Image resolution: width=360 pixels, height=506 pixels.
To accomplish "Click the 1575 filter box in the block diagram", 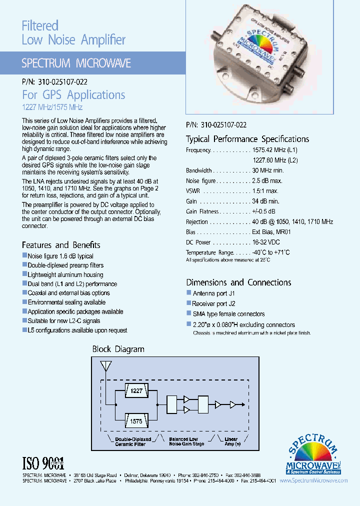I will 136,421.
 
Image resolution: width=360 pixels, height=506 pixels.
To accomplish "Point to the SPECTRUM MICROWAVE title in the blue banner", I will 76,63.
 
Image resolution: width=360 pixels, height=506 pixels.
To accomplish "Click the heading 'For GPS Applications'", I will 73,95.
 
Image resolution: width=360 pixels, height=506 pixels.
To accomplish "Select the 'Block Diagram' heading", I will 118,349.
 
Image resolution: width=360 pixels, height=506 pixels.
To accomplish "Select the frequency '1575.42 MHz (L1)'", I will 275,150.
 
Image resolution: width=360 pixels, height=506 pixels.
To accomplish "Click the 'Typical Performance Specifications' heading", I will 247,139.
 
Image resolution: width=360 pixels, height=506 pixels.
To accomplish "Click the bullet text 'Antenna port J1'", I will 213,293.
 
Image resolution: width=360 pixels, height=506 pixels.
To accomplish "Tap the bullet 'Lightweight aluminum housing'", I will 65,274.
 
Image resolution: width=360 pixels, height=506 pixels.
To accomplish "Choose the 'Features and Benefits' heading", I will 61,245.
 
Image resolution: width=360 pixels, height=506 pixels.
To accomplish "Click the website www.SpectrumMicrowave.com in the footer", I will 313,480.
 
